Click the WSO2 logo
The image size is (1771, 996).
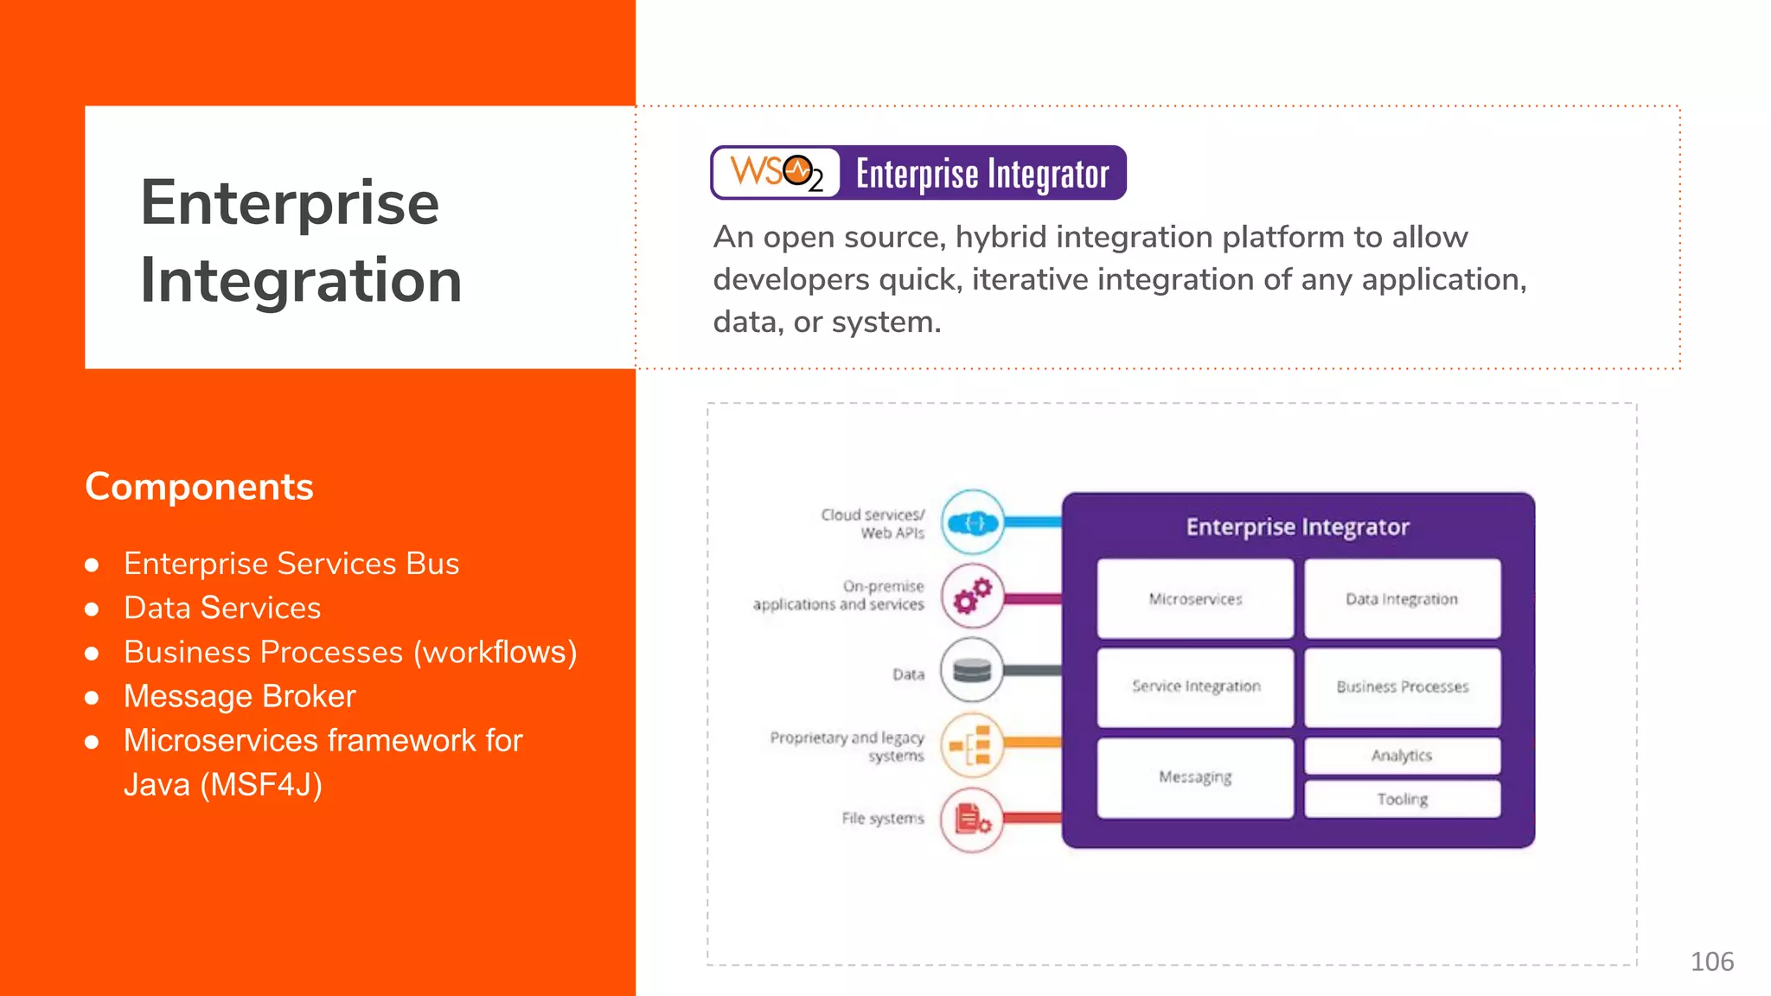[x=776, y=173]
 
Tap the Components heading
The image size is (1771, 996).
[x=199, y=487]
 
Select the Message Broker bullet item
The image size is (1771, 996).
[x=240, y=696]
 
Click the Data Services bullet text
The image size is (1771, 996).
[x=222, y=608]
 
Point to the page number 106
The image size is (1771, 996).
[x=1711, y=961]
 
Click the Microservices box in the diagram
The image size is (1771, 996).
[x=1195, y=598]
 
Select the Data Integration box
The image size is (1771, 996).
[x=1402, y=598]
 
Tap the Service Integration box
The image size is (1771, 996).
[x=1195, y=686]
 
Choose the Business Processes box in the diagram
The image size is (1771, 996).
[x=1402, y=686]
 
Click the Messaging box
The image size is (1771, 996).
[x=1195, y=776]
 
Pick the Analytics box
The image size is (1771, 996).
[x=1402, y=756]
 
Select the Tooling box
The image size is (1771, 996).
[x=1402, y=799]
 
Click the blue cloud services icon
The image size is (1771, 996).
[x=973, y=522]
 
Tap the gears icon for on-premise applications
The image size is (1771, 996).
[x=973, y=597]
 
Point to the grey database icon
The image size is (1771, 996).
[x=972, y=670]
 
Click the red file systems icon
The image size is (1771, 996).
[x=973, y=820]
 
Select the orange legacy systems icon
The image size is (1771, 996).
[x=973, y=745]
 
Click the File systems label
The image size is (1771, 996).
[x=882, y=818]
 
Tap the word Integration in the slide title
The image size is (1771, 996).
[x=301, y=280]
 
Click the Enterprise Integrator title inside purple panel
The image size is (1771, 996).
[x=1297, y=527]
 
